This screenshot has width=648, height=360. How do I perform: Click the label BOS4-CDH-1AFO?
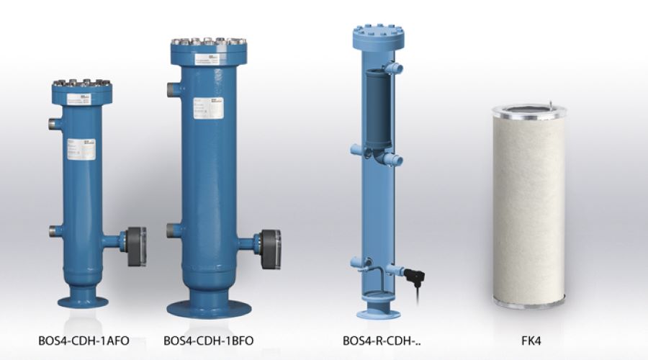coord(83,339)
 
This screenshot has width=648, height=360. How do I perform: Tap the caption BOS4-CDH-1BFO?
coord(209,339)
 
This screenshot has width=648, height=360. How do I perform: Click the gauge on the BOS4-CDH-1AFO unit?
coord(137,246)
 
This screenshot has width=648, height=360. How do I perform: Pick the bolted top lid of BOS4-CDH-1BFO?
coord(208,48)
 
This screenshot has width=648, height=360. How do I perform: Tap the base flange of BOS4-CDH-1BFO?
coord(209,308)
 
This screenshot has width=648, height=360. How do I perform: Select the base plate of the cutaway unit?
coord(378,313)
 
